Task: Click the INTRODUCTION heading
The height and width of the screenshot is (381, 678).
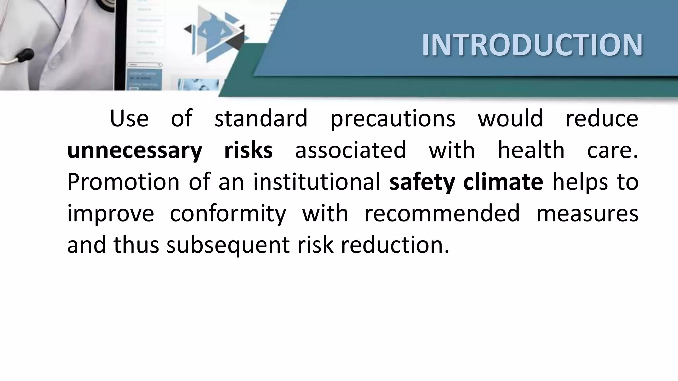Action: (532, 45)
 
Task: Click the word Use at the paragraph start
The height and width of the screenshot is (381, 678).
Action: (129, 118)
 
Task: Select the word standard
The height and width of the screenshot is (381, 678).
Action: (261, 118)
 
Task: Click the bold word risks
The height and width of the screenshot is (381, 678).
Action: (248, 150)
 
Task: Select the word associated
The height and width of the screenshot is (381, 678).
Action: (350, 150)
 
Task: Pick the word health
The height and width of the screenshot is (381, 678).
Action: (531, 150)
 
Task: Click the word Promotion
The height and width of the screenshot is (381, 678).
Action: (123, 182)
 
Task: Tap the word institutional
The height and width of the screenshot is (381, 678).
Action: (317, 182)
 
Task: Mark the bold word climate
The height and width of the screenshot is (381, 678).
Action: (503, 182)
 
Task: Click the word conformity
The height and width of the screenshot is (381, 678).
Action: (228, 214)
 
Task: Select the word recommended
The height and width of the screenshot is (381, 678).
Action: (442, 213)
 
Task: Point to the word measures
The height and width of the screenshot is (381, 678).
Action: (587, 213)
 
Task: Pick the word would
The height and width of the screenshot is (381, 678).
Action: (510, 118)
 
